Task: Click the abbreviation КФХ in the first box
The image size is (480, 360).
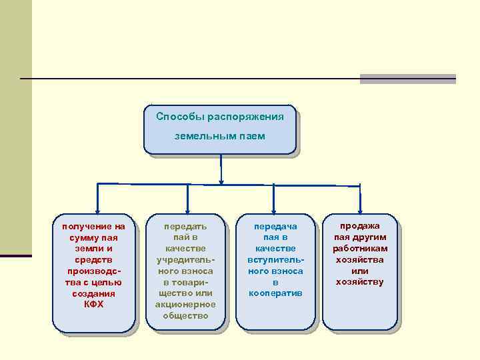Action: click(93, 304)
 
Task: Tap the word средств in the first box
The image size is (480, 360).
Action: click(93, 259)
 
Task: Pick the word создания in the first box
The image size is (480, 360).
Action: click(93, 293)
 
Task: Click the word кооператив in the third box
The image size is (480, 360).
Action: click(275, 293)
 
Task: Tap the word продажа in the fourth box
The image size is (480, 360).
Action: click(361, 226)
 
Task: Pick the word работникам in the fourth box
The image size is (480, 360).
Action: click(361, 248)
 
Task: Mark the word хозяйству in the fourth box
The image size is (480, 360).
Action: click(361, 282)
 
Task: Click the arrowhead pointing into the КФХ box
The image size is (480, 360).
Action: click(98, 210)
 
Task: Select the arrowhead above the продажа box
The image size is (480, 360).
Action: click(361, 210)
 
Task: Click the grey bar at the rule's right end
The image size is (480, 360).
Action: click(407, 79)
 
